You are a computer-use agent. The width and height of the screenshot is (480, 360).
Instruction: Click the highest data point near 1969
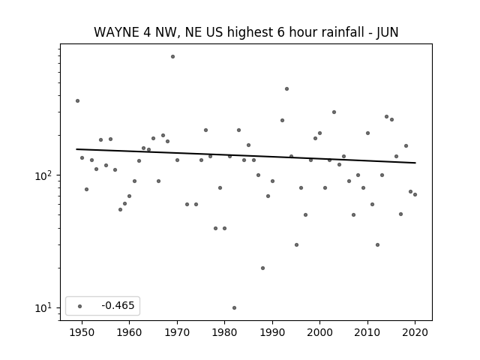[x=172, y=57]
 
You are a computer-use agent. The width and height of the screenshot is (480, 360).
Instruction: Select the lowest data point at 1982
[x=234, y=307]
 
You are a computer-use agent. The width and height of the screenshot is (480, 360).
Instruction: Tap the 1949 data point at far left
[x=77, y=100]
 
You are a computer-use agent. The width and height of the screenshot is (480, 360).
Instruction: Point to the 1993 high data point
[x=286, y=88]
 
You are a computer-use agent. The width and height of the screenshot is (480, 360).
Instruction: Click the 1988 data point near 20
[x=262, y=268]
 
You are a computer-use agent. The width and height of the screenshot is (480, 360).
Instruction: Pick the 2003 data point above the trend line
[x=334, y=112]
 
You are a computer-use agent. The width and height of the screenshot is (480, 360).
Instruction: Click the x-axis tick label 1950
[x=82, y=332]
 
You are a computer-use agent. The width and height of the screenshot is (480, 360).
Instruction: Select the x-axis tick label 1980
[x=225, y=332]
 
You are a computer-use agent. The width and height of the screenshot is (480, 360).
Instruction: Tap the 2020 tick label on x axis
[x=415, y=332]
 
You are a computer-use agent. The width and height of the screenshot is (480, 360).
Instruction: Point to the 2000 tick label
[x=320, y=332]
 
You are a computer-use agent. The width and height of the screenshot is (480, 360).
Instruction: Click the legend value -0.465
[x=118, y=305]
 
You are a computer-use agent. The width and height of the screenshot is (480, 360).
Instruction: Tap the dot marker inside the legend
[x=80, y=306]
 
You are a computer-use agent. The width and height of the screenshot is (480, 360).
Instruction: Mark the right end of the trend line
[x=415, y=163]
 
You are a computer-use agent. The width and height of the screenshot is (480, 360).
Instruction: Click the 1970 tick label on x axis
[x=177, y=332]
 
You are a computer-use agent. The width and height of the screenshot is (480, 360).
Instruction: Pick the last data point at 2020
[x=415, y=194]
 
